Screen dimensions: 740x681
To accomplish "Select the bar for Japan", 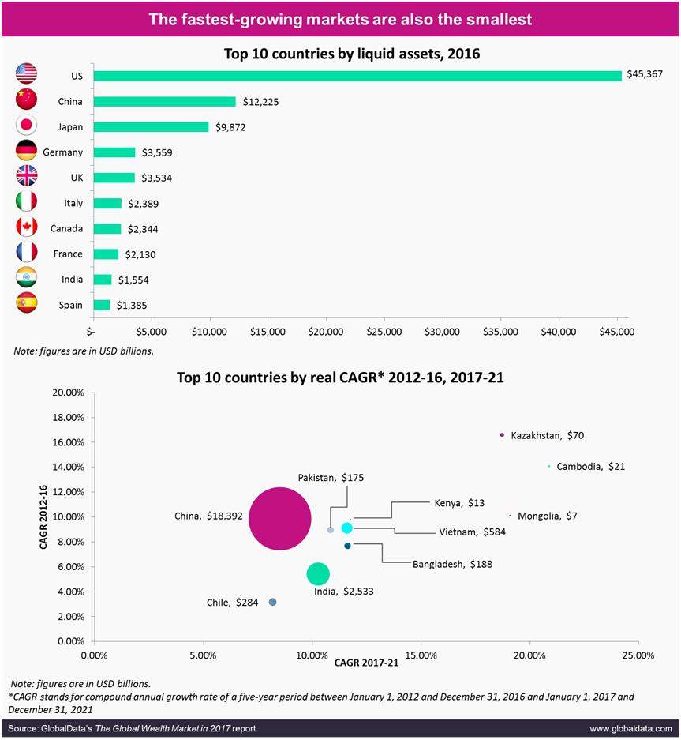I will pos(151,126).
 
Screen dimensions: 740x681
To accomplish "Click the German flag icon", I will pos(27,152).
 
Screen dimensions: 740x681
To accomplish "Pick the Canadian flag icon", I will pos(27,227).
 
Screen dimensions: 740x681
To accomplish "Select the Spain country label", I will pos(71,305).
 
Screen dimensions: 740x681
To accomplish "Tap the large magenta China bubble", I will pos(279,519).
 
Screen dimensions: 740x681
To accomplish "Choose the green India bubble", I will pos(318,574).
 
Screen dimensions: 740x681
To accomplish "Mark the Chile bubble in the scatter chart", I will pos(272,602).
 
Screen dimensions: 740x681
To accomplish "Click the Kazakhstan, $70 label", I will pos(547,435).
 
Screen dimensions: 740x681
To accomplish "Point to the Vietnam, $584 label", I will pos(472,532).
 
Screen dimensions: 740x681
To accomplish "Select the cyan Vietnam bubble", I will pos(346,528).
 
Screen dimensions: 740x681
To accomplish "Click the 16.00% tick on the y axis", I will pos(68,442).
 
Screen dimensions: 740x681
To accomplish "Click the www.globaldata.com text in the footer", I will pos(630,728).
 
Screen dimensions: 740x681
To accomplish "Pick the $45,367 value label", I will pos(645,73).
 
